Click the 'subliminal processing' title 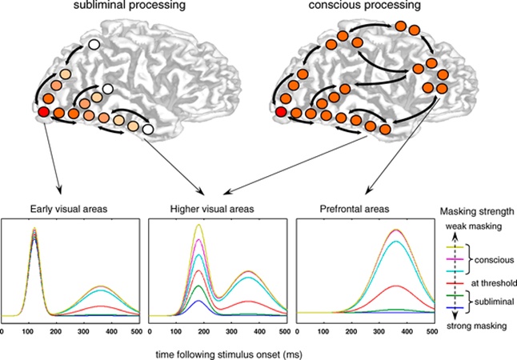coord(130,5)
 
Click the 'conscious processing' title coord(364,5)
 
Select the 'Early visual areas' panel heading coord(69,209)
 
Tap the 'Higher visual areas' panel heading coord(212,209)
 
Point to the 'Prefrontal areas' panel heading coord(355,209)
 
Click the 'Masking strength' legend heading coord(477,211)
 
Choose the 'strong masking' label coord(476,326)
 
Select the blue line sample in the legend coord(455,308)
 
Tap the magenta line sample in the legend coord(455,259)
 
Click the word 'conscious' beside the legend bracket coord(494,260)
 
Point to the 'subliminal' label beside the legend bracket coord(494,302)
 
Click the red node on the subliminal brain coord(43,112)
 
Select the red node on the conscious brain coord(281,112)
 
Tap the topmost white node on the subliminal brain coord(94,45)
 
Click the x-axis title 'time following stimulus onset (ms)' coord(229,354)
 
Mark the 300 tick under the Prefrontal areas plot coord(379,331)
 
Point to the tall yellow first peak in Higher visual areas coord(198,225)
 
